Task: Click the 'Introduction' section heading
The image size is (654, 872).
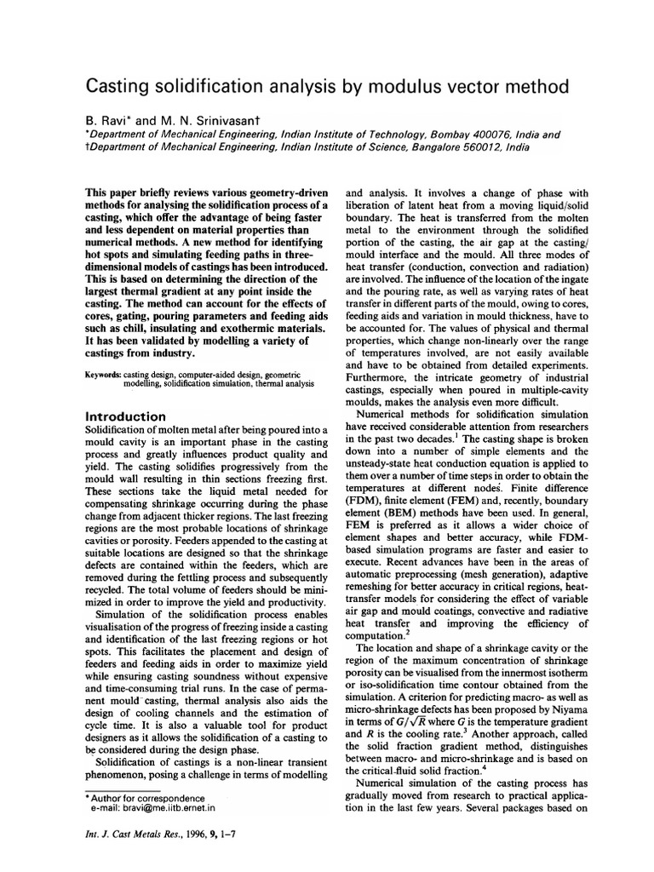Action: pos(126,416)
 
